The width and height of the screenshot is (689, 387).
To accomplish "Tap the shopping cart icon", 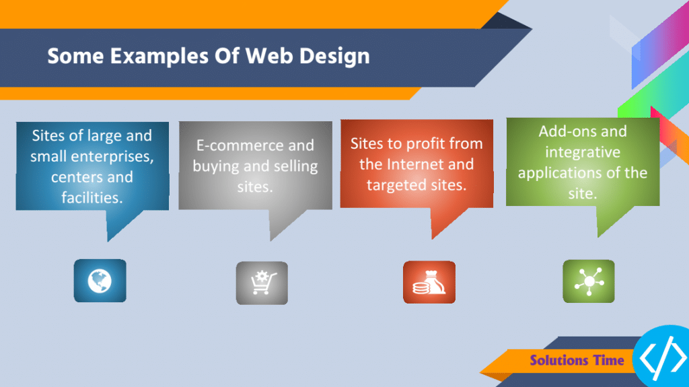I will pos(261,283).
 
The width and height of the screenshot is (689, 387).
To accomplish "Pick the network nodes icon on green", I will pos(588,281).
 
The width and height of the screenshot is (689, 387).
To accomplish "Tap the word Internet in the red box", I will pos(442,164).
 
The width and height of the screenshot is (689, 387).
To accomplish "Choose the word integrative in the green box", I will pos(583,152).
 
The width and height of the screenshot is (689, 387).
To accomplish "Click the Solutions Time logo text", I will pos(577,360).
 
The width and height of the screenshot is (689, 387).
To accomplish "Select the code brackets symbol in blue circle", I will pos(663,359).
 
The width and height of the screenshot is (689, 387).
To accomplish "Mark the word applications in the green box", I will pos(558,173).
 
